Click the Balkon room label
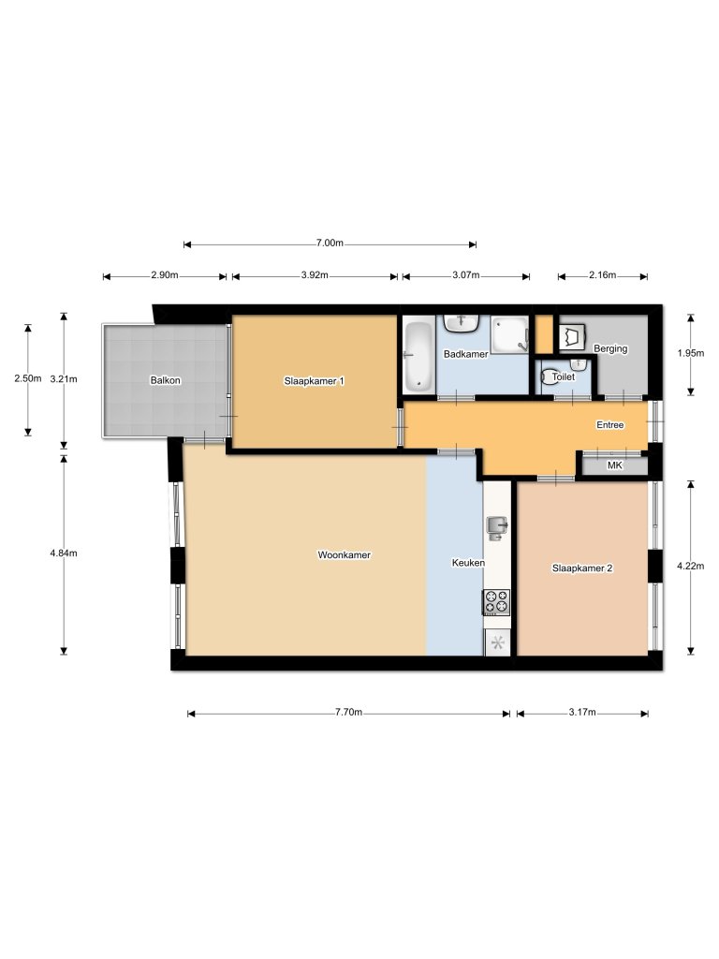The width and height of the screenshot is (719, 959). [165, 380]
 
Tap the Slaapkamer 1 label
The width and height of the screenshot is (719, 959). [315, 380]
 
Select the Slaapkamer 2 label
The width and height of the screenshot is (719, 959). [582, 568]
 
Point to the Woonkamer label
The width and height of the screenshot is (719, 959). [345, 554]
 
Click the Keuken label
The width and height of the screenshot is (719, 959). [468, 563]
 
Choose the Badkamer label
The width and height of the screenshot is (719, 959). [465, 354]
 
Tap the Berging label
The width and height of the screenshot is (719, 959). [610, 348]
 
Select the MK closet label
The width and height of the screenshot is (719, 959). [615, 465]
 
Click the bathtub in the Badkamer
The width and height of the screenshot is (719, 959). [417, 356]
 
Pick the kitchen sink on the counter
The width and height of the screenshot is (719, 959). [496, 529]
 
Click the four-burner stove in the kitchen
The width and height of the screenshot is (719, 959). [497, 601]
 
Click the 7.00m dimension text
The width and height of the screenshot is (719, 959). [330, 243]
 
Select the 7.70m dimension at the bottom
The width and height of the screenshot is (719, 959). [348, 713]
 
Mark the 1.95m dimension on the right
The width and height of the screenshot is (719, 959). [690, 354]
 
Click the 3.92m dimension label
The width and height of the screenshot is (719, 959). [315, 276]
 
